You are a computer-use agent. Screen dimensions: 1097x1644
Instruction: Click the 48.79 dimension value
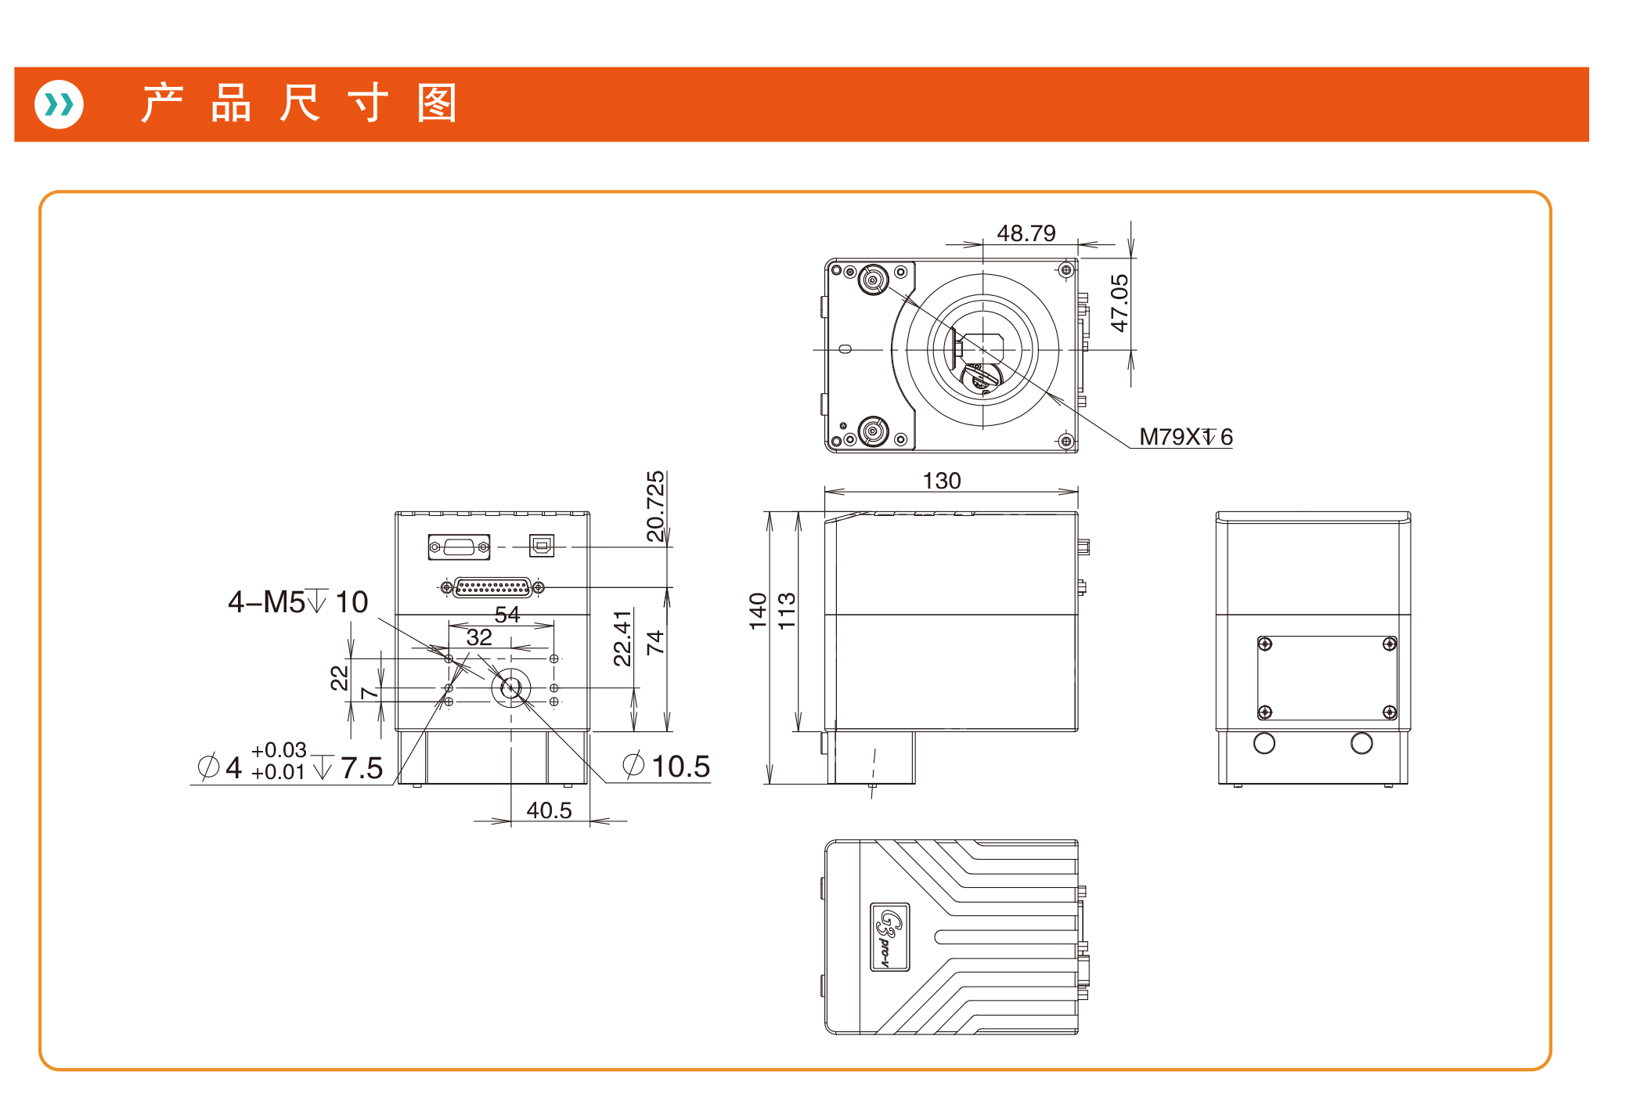click(x=1026, y=233)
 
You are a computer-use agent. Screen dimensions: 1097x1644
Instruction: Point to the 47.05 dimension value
click(x=1119, y=303)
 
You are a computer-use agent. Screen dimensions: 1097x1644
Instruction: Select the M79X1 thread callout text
click(x=1185, y=437)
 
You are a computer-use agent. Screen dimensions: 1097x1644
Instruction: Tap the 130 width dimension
click(x=941, y=481)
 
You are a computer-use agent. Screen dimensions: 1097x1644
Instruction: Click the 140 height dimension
click(x=758, y=611)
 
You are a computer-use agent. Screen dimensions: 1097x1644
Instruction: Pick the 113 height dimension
click(x=787, y=611)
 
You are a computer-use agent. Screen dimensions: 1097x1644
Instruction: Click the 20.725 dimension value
click(x=655, y=506)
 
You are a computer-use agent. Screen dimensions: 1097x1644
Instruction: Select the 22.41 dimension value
click(x=622, y=638)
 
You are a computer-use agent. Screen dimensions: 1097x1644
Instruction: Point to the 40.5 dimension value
click(x=549, y=810)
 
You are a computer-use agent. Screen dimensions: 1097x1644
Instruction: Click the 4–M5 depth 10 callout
click(x=297, y=602)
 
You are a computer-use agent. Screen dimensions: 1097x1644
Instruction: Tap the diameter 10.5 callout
click(x=667, y=766)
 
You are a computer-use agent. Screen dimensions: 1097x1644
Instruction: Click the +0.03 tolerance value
click(x=279, y=750)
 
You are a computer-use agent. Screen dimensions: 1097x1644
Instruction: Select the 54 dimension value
click(x=507, y=615)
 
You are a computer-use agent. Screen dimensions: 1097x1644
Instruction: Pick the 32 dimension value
click(x=479, y=637)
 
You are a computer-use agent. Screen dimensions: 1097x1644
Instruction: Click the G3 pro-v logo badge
click(x=890, y=936)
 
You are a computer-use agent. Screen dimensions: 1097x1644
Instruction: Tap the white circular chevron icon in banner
click(x=59, y=104)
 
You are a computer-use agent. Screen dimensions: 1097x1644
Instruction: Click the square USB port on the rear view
click(x=542, y=545)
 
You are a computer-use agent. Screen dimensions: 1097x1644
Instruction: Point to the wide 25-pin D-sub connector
click(x=492, y=586)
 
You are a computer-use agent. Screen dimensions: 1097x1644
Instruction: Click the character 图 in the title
click(x=436, y=103)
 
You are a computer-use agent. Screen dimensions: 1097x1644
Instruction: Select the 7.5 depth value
click(x=362, y=768)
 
